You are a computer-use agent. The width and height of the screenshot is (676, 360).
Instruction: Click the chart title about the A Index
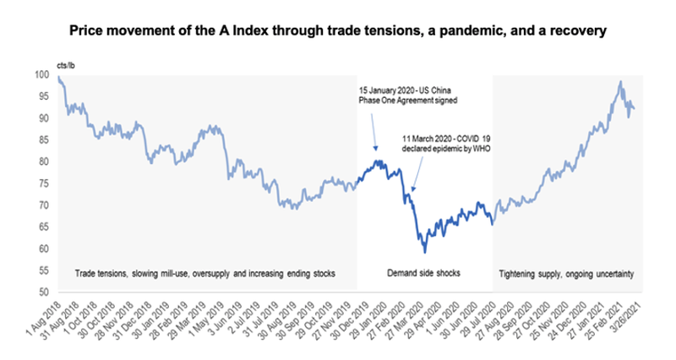tap(338, 31)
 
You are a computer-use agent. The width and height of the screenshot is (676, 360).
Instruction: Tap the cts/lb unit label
tap(65, 65)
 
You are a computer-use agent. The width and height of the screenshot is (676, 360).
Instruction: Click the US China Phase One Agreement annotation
tap(401, 94)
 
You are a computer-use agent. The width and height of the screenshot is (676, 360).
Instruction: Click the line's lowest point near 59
tap(425, 252)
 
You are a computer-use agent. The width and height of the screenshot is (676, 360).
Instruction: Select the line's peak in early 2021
tap(621, 82)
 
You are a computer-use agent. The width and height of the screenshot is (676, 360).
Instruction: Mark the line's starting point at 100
tap(58, 77)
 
